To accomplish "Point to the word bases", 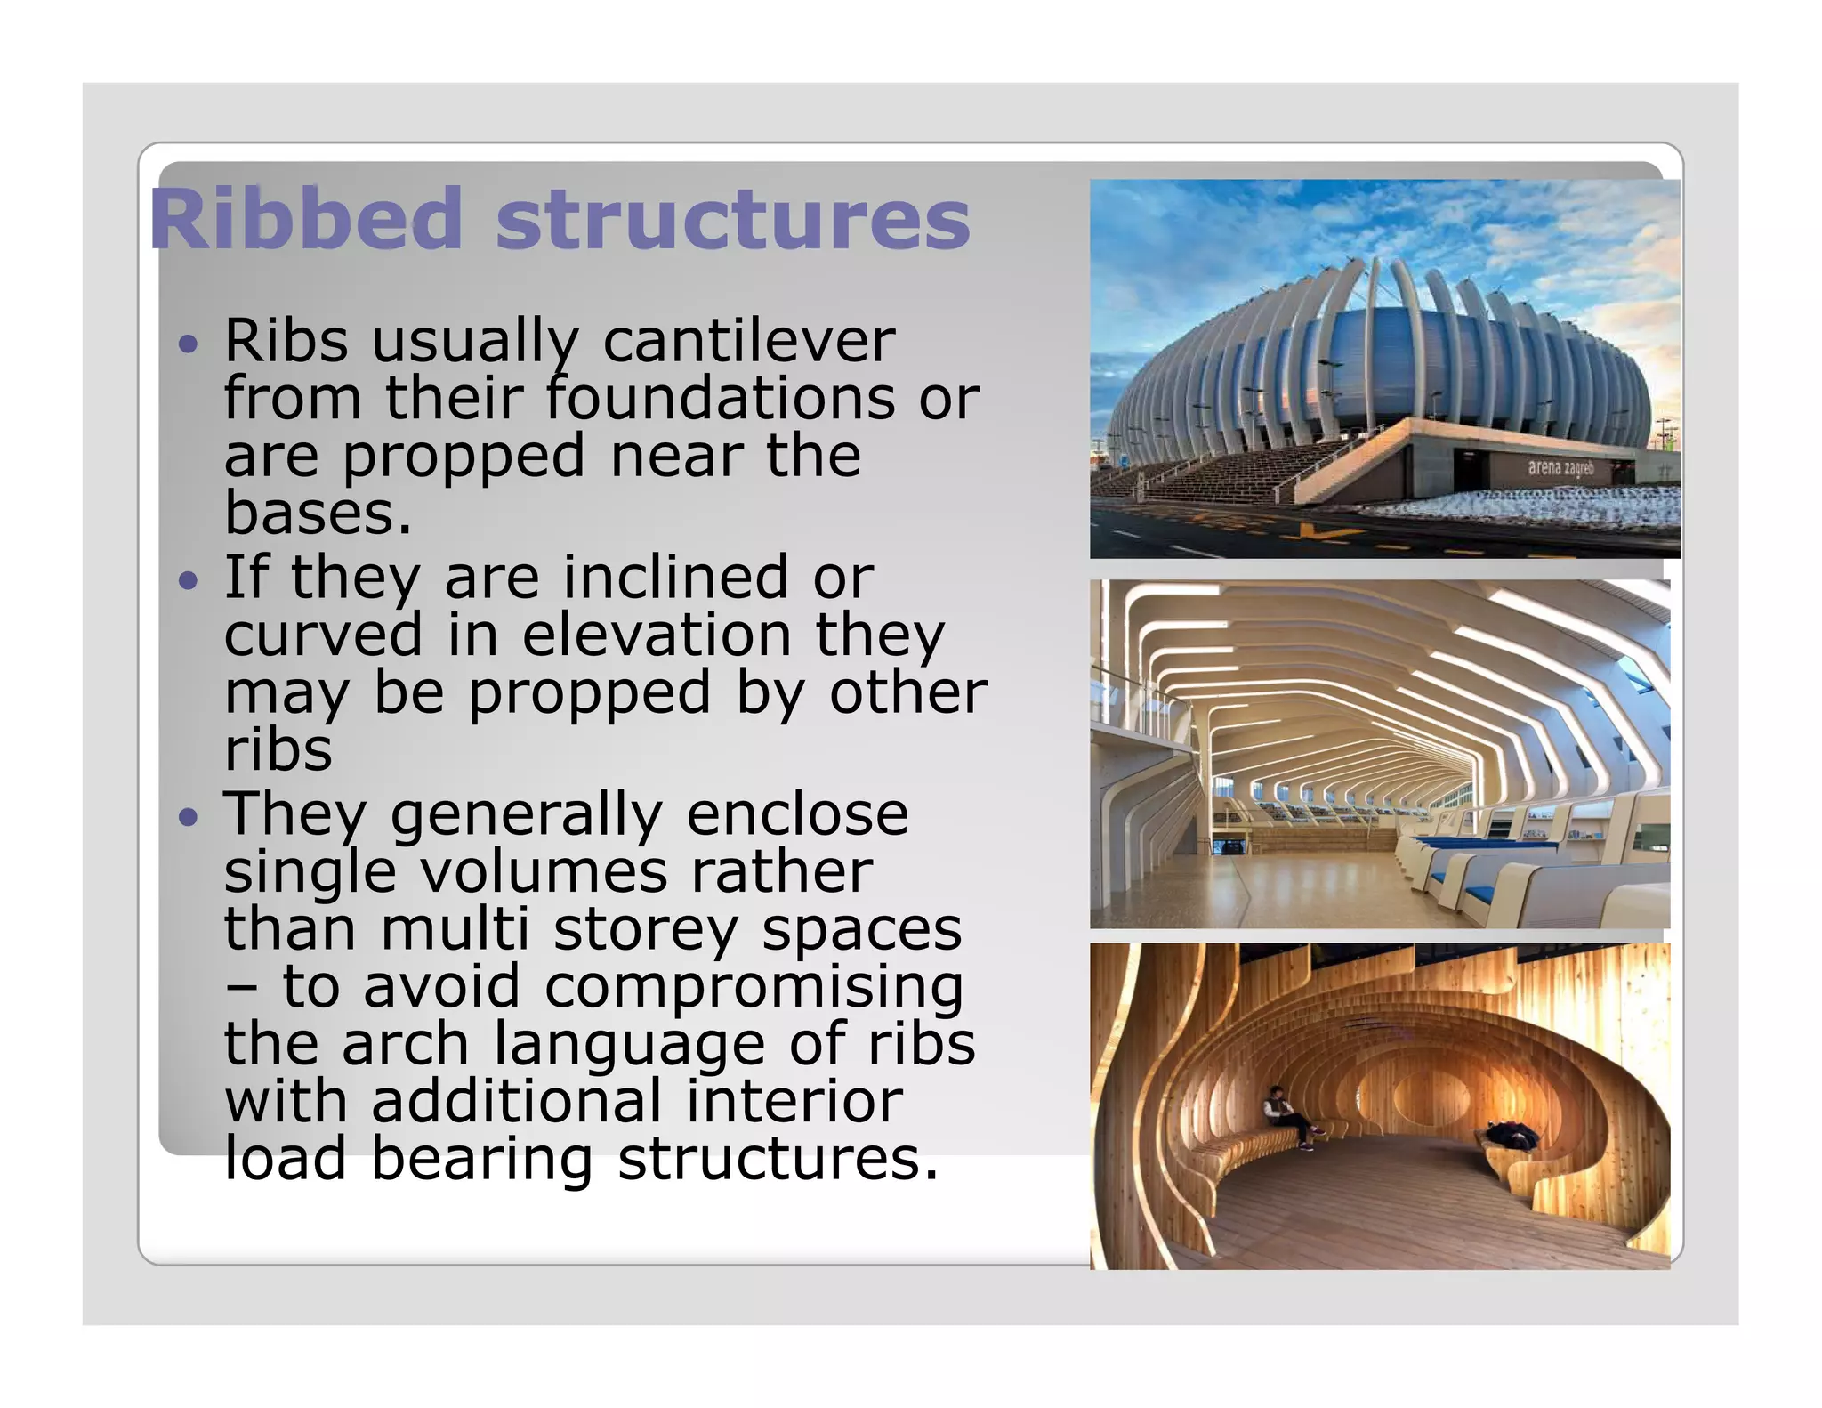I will (316, 514).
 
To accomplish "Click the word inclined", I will (676, 578).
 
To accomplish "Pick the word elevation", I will (657, 635).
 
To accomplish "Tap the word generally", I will (527, 814).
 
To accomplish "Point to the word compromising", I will (754, 987).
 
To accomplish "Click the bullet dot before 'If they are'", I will (187, 580).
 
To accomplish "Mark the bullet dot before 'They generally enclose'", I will (187, 816).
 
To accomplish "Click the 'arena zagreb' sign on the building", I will (1560, 467).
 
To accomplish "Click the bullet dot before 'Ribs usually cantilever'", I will (187, 344).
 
